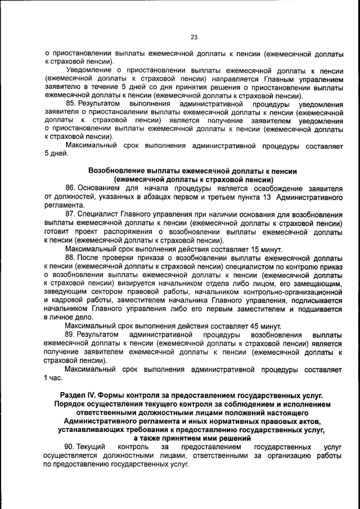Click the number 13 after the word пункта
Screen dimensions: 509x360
point(267,197)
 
